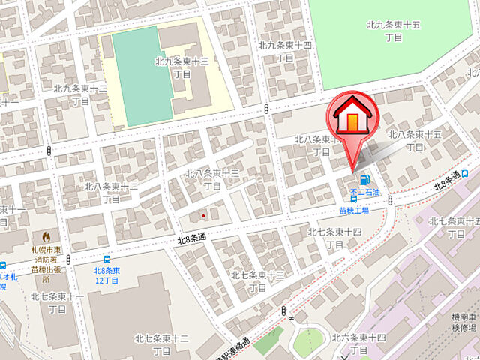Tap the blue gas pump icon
364,180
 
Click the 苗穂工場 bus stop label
354,211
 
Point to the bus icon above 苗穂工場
354,200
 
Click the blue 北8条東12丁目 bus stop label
108,275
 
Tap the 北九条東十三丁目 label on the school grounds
181,67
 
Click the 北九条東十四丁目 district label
285,51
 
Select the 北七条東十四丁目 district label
335,238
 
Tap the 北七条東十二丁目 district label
161,344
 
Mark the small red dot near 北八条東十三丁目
202,217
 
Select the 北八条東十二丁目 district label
111,193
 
